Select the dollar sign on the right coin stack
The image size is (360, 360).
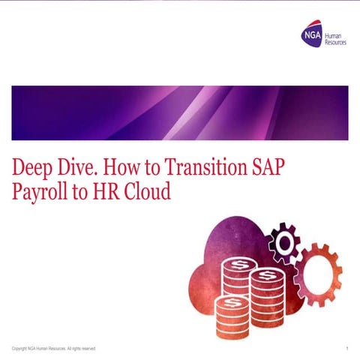tap(266, 280)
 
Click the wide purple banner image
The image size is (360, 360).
tap(180, 112)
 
